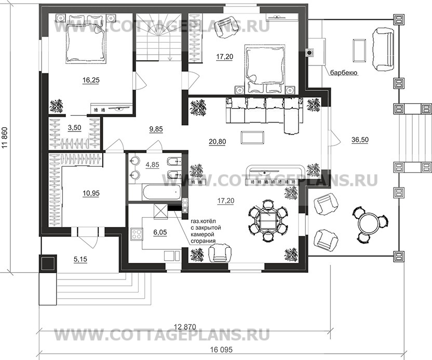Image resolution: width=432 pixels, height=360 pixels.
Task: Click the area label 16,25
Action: (90, 81)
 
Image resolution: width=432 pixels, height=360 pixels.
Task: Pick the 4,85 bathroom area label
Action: (152, 165)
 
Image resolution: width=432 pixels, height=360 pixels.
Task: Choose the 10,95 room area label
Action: (91, 193)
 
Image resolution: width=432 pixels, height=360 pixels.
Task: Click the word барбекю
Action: (342, 73)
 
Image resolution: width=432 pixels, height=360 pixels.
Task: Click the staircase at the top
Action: (158, 39)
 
